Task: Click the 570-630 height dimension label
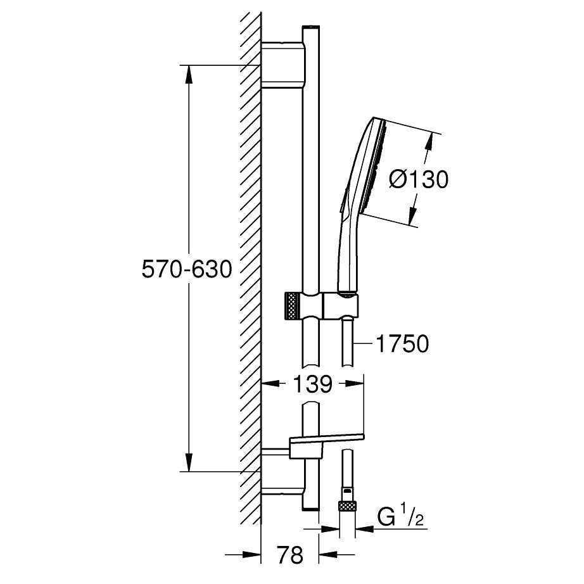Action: click(x=187, y=269)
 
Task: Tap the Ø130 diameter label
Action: click(x=419, y=179)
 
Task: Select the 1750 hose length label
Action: click(x=402, y=343)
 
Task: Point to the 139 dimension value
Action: click(x=313, y=384)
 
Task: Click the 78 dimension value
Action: click(x=291, y=555)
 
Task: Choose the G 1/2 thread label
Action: click(x=400, y=517)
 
